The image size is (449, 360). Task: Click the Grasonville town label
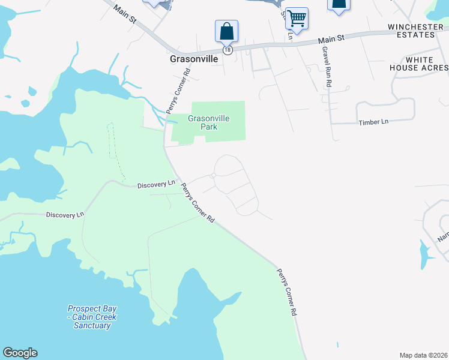[193, 60]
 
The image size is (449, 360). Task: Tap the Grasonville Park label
[208, 122]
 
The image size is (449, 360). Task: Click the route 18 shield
[227, 50]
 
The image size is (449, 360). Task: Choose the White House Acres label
[427, 64]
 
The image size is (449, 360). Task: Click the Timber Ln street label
[373, 122]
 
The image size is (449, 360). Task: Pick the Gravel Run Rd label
[327, 67]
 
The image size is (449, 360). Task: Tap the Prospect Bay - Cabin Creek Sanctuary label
[92, 317]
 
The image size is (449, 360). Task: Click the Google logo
[20, 353]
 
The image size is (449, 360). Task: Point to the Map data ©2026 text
[423, 355]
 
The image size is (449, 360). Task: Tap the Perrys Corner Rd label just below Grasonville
[178, 90]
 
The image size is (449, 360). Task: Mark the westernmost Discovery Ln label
[65, 214]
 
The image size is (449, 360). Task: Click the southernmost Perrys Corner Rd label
[286, 292]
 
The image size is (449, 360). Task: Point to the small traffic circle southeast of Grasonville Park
[212, 176]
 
